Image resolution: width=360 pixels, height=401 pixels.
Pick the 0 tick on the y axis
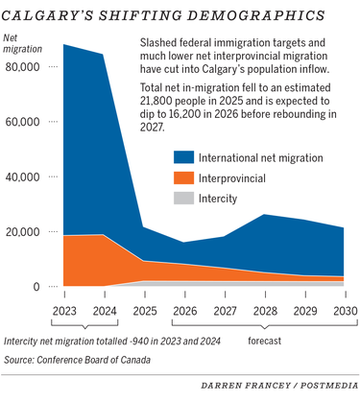click(x=36, y=287)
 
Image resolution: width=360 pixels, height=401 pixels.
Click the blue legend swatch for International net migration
click(x=188, y=158)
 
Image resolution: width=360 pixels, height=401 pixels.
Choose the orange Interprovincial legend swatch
click(x=188, y=177)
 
